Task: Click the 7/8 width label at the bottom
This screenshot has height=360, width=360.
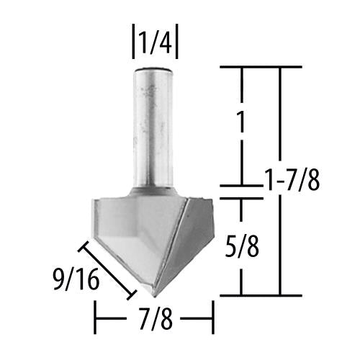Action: click(x=154, y=317)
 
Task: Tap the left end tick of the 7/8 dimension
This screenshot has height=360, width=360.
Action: click(x=96, y=317)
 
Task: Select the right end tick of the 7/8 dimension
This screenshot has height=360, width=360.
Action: click(x=212, y=317)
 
